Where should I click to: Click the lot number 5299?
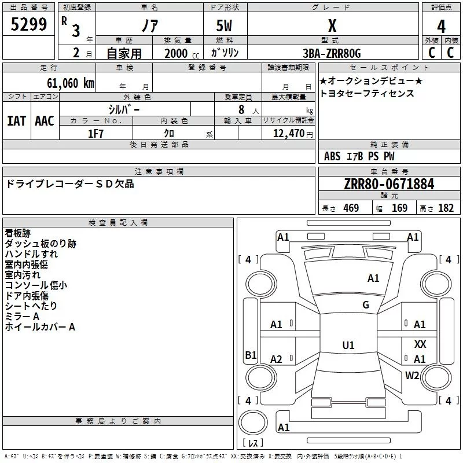coord(28,24)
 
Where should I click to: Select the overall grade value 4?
coord(441,27)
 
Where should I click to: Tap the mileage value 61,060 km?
coord(71,83)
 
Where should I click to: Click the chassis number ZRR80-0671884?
coord(389,184)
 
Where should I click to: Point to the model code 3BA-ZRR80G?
coord(332,53)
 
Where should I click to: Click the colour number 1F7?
coord(95,134)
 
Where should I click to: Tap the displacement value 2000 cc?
coord(182,53)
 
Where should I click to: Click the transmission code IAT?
coord(16,121)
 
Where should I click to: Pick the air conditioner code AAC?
coord(45,121)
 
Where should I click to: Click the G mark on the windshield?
coord(366,305)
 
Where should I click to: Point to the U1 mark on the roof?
coord(348,345)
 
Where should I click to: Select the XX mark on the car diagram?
coord(420,344)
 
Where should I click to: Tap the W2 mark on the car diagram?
coord(412,375)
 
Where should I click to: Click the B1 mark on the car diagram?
coord(251,355)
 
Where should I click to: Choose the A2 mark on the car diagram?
coord(276,359)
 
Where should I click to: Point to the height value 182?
coord(446,208)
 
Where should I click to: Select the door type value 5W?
coord(224,25)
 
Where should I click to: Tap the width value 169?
coord(399,208)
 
